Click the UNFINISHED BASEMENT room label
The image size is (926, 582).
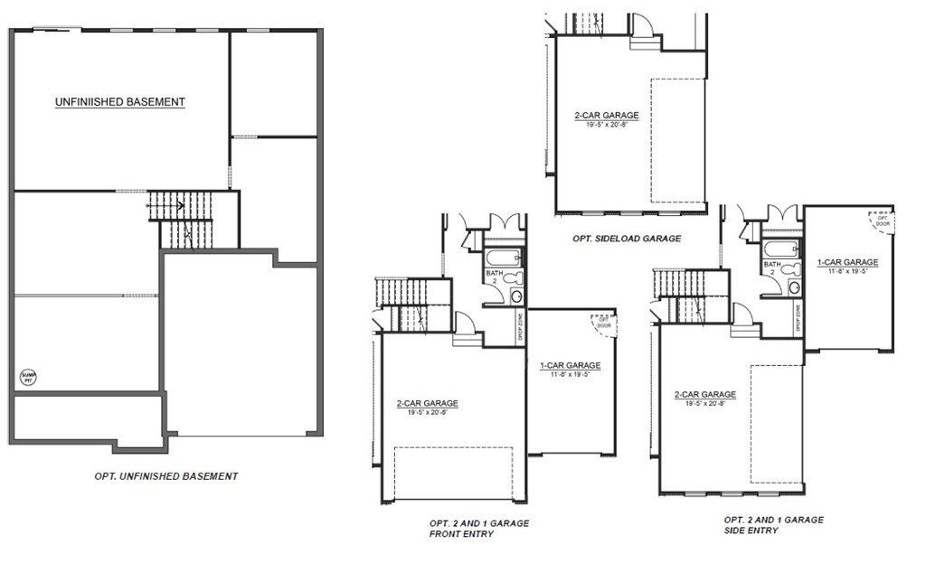120,102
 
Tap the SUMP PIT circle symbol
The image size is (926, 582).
29,378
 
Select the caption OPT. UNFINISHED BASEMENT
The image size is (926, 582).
166,476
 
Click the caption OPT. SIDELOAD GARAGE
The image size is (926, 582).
626,239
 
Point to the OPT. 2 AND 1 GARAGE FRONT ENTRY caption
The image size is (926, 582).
479,529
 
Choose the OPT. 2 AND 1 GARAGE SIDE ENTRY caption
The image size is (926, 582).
773,525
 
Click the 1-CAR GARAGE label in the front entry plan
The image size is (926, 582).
570,367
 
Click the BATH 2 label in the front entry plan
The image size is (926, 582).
494,276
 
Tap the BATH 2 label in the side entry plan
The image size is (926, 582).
772,267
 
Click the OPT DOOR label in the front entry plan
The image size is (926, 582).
601,322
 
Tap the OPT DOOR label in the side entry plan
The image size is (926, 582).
882,220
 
